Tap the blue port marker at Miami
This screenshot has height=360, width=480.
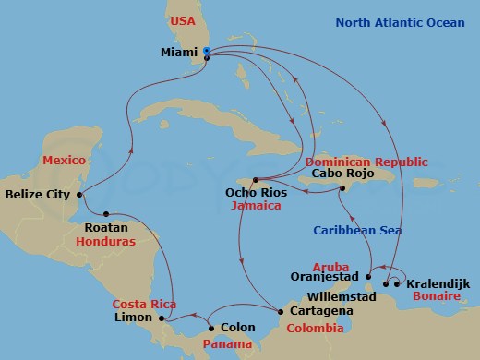pos(207,51)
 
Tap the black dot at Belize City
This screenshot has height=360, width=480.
pos(82,195)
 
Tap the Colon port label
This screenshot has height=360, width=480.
pos(237,327)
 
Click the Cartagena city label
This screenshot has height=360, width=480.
pos(320,312)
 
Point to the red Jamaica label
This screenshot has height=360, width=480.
pos(257,206)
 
